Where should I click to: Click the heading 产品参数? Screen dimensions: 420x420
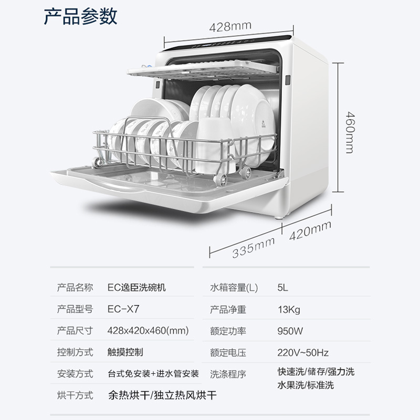(x=80, y=16)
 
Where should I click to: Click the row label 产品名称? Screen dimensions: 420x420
(x=75, y=288)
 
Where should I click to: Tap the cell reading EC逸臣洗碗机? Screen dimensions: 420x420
(x=139, y=288)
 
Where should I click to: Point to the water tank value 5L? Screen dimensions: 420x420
(x=283, y=288)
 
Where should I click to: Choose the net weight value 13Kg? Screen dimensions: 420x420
(x=289, y=309)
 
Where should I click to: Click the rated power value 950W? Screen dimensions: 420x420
(x=290, y=331)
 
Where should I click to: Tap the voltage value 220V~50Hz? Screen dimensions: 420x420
(x=303, y=352)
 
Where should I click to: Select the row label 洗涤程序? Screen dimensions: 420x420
(x=228, y=374)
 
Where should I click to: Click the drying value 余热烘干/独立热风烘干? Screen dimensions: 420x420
(x=162, y=395)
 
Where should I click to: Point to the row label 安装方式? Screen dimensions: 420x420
(x=75, y=374)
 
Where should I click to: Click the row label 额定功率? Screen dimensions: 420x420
(x=228, y=331)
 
